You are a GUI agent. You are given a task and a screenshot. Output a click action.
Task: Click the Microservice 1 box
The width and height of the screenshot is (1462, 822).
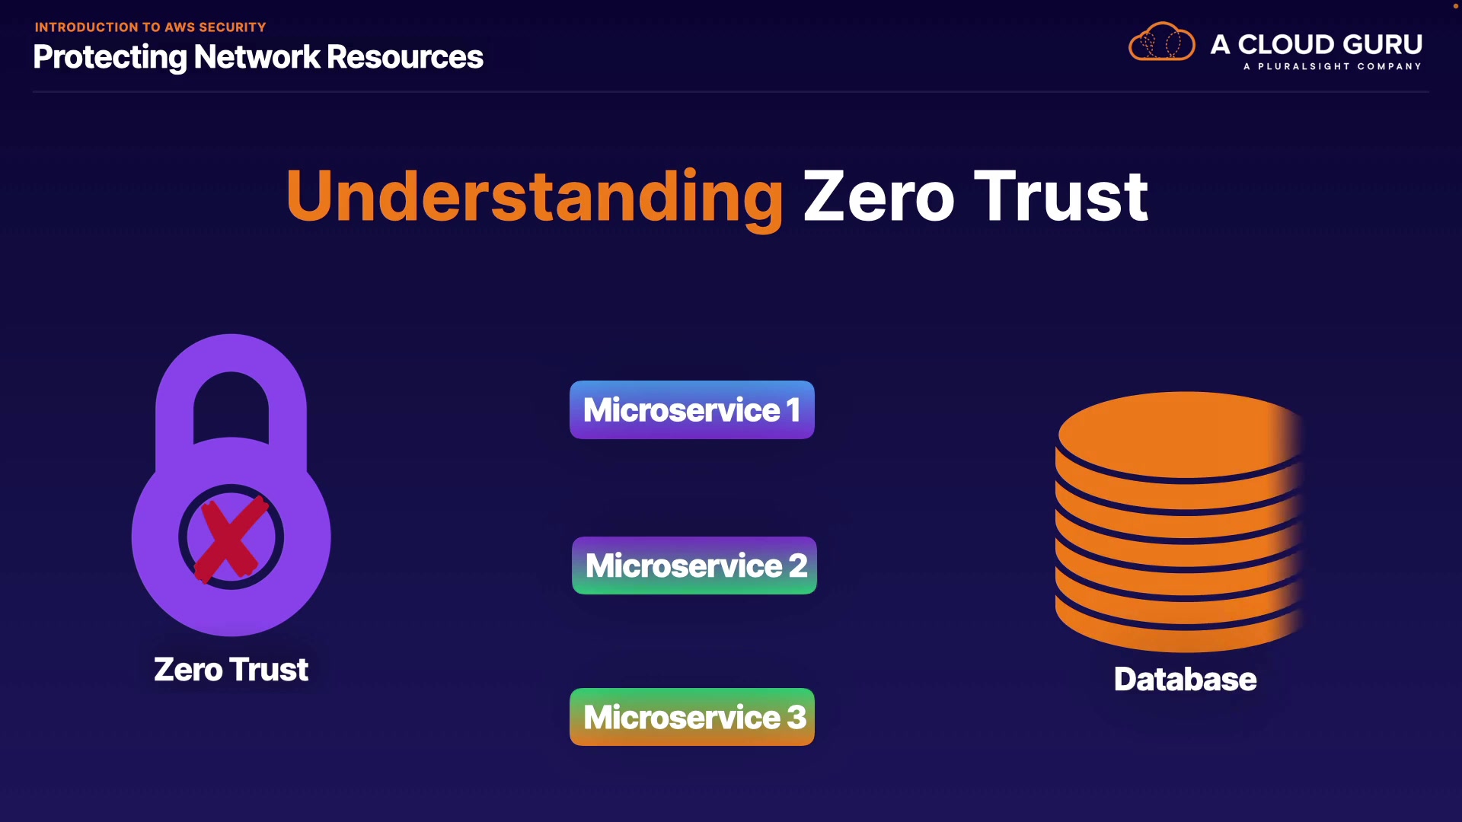(692, 409)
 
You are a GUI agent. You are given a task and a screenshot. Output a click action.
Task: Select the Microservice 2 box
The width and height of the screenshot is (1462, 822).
(694, 566)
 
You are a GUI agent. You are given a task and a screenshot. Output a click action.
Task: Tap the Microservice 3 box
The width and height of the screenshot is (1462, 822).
(692, 717)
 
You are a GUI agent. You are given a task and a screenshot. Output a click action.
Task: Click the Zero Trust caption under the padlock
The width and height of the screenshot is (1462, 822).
(231, 670)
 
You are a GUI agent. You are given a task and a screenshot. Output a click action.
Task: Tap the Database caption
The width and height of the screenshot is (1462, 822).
(1185, 679)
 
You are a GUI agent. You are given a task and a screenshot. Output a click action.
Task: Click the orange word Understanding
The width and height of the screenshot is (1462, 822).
(535, 196)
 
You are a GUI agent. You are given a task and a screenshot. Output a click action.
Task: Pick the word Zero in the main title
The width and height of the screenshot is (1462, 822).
(879, 196)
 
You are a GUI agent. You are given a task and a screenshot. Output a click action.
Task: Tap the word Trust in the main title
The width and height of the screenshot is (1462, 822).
(1061, 196)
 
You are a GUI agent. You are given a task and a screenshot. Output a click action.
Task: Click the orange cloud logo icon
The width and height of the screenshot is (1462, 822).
(1162, 42)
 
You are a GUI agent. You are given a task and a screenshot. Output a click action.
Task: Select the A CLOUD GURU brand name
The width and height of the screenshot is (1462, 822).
(1317, 44)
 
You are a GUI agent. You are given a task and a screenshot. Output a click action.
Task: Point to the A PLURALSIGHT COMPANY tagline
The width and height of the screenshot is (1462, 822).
(1333, 66)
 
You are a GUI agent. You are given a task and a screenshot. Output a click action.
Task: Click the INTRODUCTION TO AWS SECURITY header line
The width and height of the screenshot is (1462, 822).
(150, 27)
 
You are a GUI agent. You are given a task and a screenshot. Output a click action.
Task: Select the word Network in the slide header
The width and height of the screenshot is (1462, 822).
(257, 57)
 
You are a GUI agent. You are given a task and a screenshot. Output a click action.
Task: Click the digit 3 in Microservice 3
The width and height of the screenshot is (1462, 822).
(796, 717)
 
